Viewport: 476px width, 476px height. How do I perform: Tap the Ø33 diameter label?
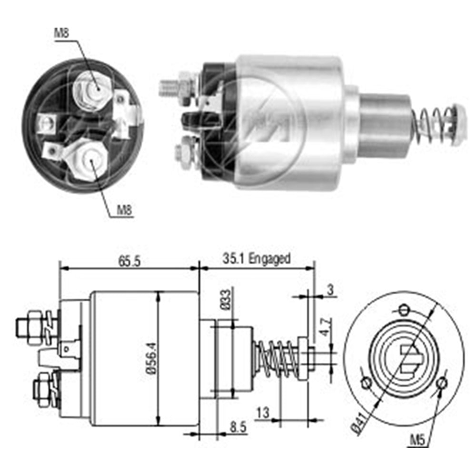(x=226, y=299)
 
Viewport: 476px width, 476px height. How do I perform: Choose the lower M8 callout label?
(x=125, y=210)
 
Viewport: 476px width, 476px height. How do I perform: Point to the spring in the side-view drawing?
(x=277, y=359)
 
